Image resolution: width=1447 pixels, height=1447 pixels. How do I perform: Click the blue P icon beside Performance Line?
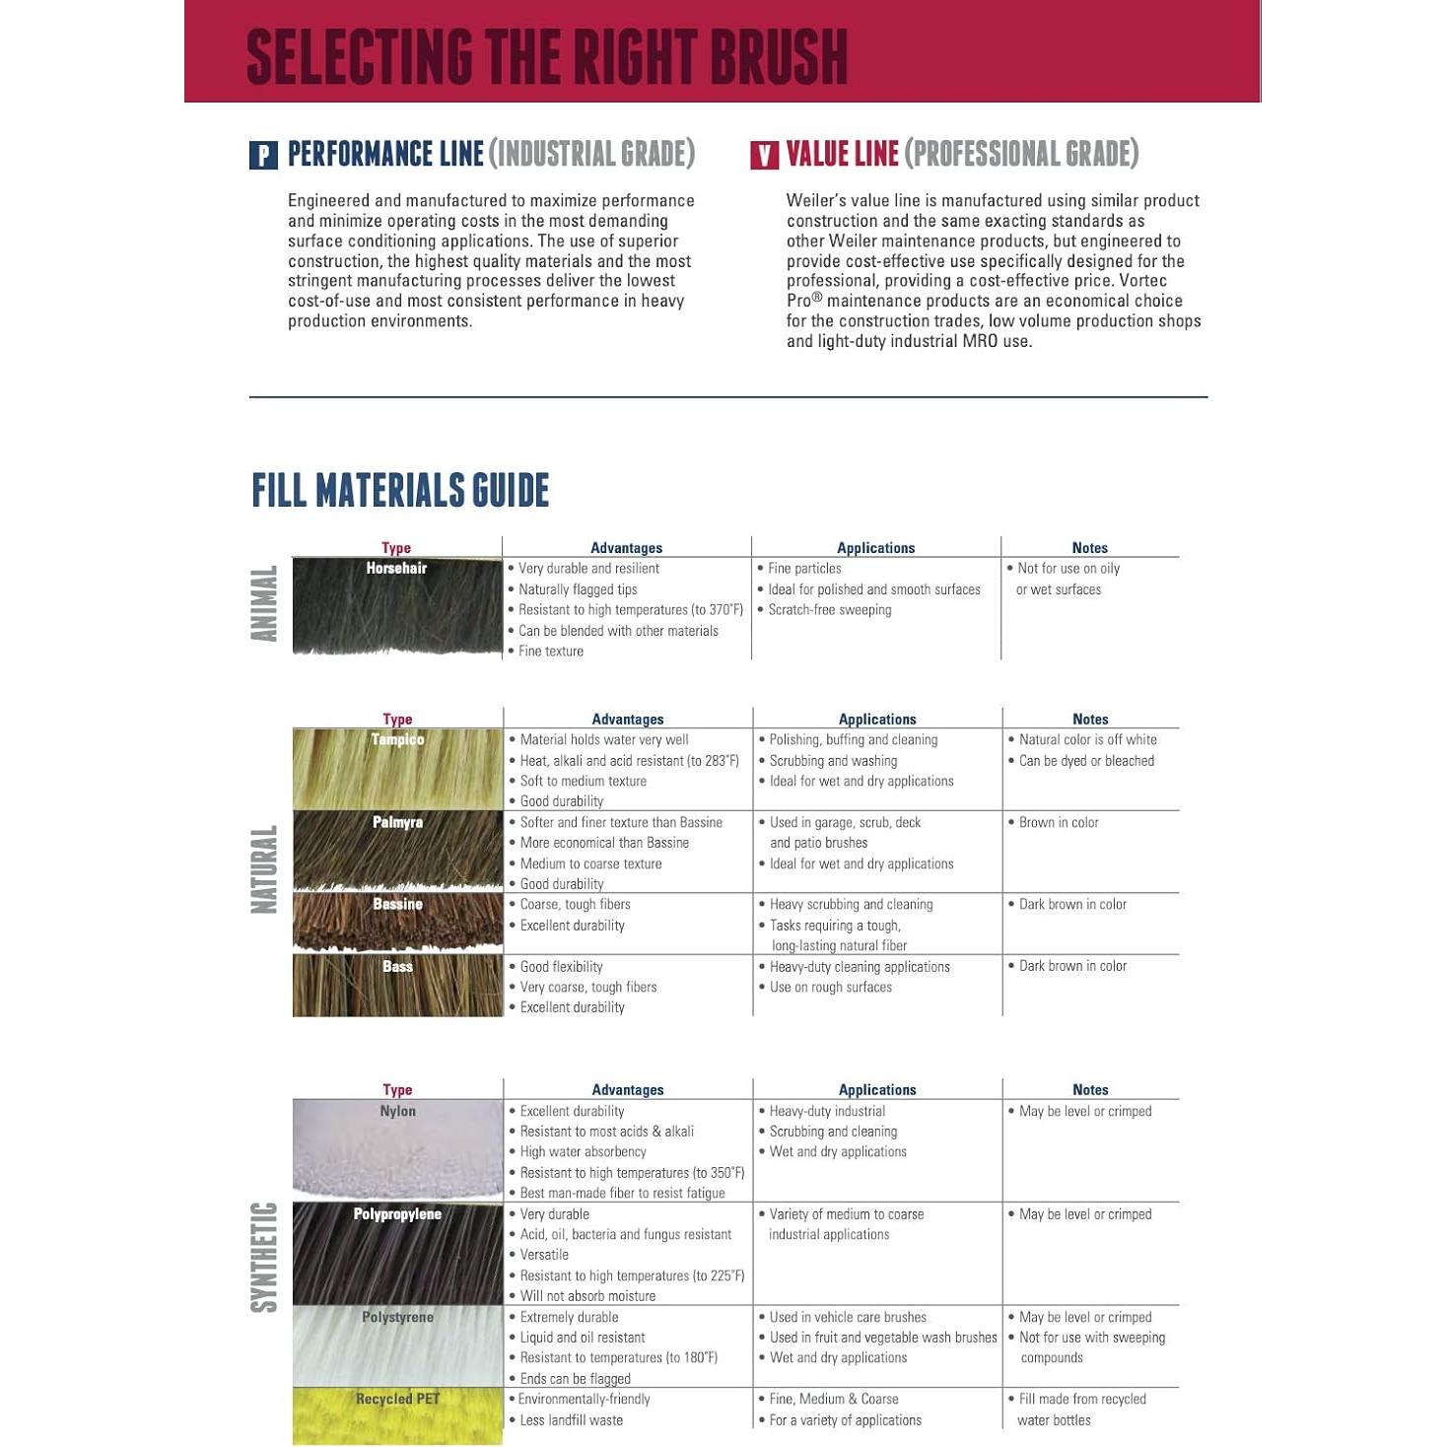263,156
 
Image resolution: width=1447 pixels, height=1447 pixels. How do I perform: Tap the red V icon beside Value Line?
764,156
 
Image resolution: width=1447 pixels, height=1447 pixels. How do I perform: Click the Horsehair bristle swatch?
397,606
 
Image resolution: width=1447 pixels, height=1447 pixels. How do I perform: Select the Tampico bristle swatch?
397,770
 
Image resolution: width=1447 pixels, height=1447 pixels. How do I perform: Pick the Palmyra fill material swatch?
397,852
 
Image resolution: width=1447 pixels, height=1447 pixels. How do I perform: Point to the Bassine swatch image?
397,923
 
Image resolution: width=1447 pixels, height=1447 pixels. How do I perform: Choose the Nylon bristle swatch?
397,1149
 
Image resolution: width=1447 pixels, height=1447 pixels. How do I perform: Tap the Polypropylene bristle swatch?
397,1254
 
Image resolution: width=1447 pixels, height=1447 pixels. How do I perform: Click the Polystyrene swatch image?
397,1346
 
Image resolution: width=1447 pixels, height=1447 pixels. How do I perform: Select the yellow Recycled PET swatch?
397,1416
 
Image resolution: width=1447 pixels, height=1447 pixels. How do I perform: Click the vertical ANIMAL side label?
264,604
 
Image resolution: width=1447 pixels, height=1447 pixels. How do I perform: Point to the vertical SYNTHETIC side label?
264,1257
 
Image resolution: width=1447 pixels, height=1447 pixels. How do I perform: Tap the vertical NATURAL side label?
264,869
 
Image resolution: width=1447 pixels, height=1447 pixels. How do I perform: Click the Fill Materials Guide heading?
400,490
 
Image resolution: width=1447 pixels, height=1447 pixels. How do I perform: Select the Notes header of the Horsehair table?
1089,548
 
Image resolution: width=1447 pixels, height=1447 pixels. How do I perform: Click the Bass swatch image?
397,986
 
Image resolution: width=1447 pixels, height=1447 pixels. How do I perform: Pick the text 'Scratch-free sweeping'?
830,610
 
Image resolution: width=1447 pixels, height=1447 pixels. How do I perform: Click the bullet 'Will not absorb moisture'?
587,1296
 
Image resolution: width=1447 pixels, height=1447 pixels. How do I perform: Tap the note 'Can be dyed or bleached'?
1086,761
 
